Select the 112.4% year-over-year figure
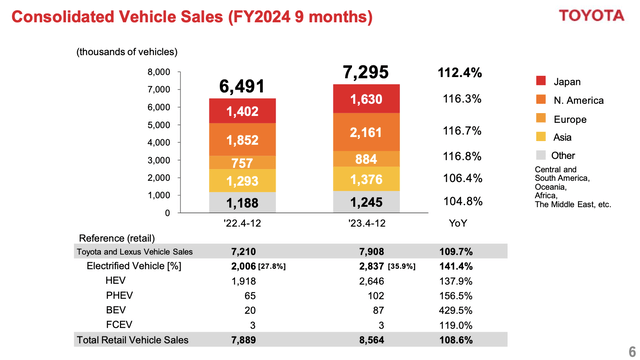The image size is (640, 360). [x=460, y=72]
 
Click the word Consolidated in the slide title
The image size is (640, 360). [x=62, y=17]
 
